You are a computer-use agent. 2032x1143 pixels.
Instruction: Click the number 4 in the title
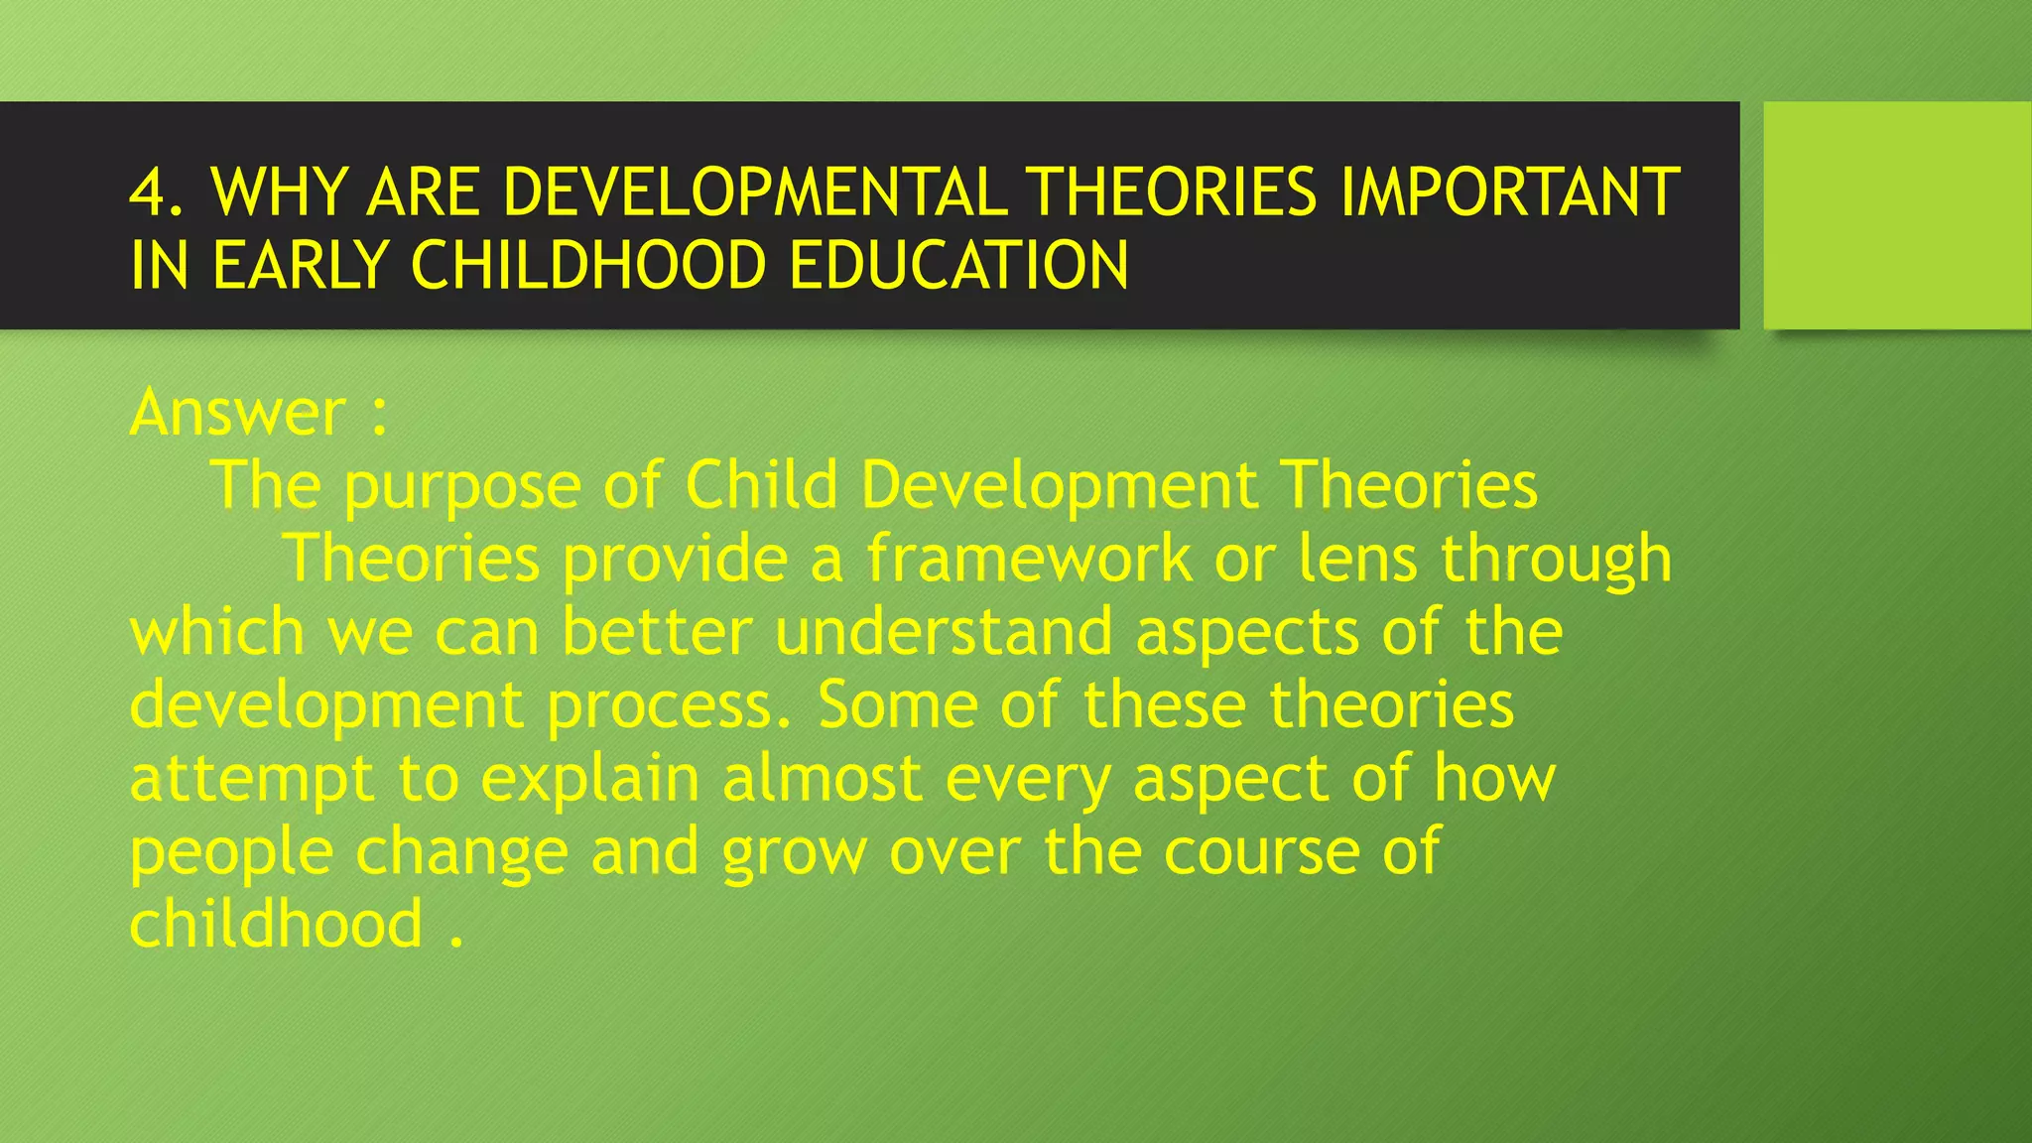coord(149,192)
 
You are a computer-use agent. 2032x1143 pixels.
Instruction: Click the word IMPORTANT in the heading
coord(1509,192)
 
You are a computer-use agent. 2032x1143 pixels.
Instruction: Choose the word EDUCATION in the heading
coord(959,266)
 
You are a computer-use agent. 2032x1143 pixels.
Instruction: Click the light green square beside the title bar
coord(1897,214)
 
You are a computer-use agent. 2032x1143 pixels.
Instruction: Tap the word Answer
coord(237,413)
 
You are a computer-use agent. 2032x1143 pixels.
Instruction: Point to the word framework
coord(1029,559)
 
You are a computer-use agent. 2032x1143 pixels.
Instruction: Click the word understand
coord(944,632)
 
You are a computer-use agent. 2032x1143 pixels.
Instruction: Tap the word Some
coord(897,704)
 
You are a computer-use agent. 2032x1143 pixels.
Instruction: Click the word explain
coord(590,780)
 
